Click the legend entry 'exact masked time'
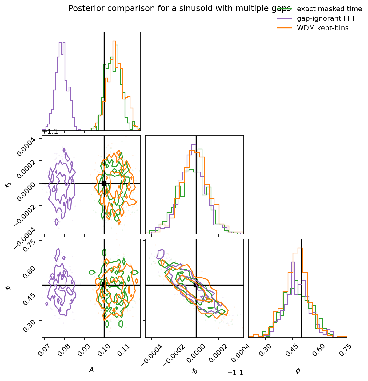coord(329,9)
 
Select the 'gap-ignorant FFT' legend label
coord(326,18)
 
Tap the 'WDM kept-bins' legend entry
coord(322,28)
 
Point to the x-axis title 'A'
coord(91,370)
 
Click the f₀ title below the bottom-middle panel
coord(194,371)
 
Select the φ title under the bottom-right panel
coord(298,371)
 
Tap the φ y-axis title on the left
coord(9,288)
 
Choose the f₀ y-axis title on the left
coord(9,185)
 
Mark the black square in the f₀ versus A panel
coord(104,183)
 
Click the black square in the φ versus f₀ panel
coord(196,285)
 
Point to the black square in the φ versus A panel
coord(104,285)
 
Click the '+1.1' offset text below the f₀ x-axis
coord(235,373)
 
